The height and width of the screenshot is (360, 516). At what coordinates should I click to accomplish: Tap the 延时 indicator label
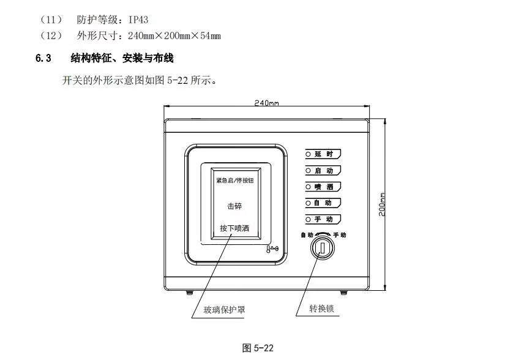point(323,154)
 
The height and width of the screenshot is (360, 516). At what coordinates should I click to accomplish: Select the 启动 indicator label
point(323,170)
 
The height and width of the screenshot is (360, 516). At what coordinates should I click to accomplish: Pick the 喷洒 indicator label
point(323,187)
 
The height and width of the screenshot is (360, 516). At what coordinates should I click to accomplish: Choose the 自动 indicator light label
point(323,203)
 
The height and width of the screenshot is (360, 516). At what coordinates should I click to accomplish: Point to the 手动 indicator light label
point(323,219)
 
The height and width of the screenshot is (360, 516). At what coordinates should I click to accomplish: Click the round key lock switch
point(321,248)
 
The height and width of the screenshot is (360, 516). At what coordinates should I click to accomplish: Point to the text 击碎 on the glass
point(235,206)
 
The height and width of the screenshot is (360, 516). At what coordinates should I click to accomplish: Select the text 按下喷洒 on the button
point(235,228)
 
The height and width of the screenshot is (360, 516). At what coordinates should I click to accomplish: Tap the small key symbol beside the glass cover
point(272,249)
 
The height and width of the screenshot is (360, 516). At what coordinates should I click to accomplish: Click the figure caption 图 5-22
point(258,348)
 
